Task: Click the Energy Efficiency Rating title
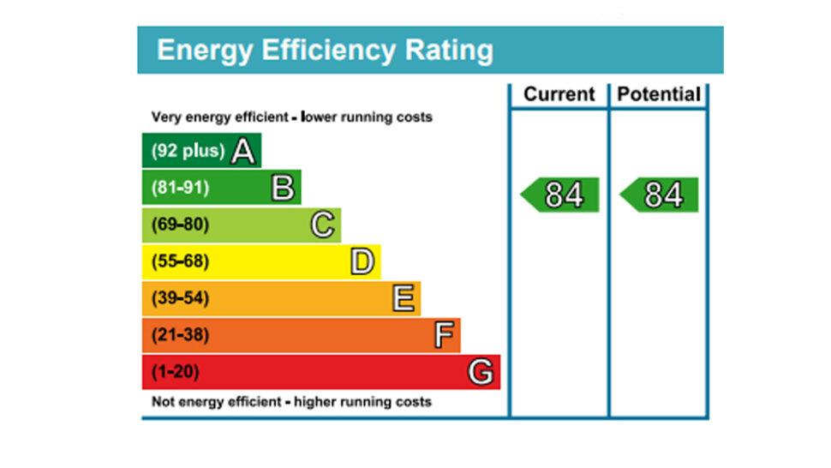tap(325, 50)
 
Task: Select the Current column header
tap(559, 94)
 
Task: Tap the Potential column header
tap(659, 94)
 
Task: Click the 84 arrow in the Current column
tap(561, 195)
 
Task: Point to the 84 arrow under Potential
tap(660, 195)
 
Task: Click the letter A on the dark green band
tap(243, 152)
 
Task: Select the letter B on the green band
tap(283, 188)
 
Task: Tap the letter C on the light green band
tap(322, 225)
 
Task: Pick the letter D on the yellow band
tap(362, 262)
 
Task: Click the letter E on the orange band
tap(403, 299)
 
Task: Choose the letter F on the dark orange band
tap(443, 335)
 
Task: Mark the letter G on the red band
tap(481, 372)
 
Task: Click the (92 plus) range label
tap(188, 152)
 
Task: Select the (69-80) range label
tap(180, 225)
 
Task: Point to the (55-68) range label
tap(180, 262)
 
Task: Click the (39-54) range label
tap(180, 299)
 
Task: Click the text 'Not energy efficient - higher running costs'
tap(291, 402)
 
